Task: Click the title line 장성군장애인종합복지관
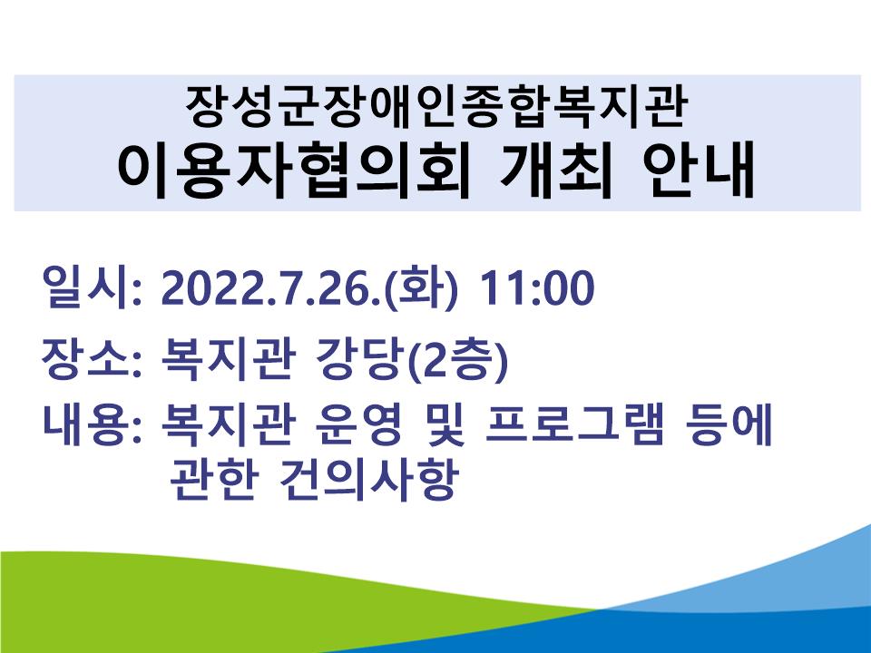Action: click(x=436, y=106)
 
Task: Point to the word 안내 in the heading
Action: click(x=699, y=171)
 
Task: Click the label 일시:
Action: click(x=92, y=288)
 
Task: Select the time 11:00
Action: click(x=536, y=288)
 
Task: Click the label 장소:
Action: click(x=92, y=360)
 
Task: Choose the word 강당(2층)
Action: click(x=412, y=360)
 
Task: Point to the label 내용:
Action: click(x=92, y=426)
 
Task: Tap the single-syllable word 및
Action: click(x=443, y=426)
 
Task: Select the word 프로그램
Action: click(x=573, y=426)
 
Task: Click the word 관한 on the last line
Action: click(x=213, y=479)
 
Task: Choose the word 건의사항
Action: click(x=369, y=479)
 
